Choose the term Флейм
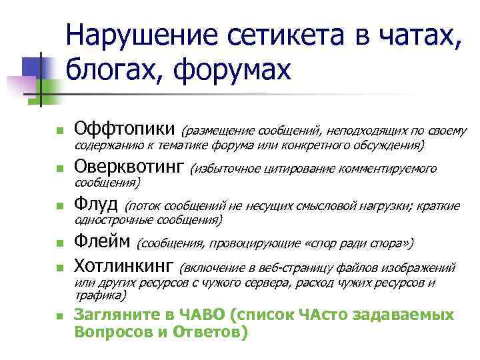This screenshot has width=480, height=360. (102, 241)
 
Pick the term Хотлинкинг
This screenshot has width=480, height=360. (123, 267)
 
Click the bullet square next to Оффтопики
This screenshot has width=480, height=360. (59, 130)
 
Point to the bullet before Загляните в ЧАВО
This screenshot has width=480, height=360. (59, 317)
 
